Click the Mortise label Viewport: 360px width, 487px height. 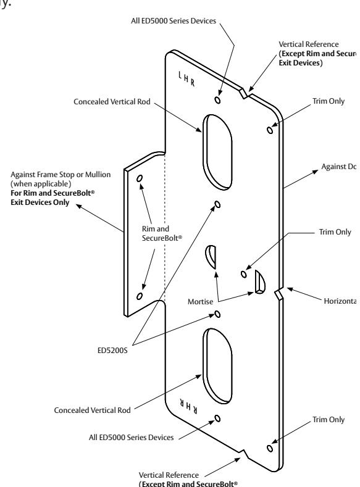[201, 304]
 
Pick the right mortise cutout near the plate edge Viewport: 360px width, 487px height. [259, 281]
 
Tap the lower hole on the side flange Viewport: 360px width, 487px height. [140, 296]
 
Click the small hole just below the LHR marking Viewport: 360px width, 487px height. [216, 99]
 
